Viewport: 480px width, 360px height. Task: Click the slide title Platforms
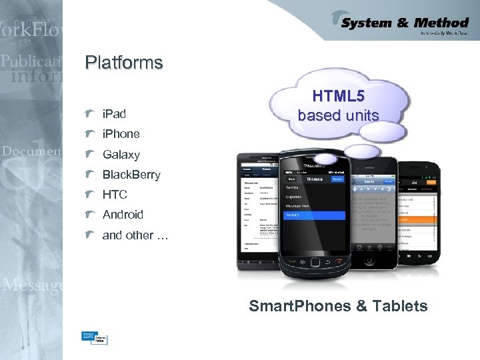(x=124, y=63)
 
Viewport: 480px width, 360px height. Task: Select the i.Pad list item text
(x=114, y=114)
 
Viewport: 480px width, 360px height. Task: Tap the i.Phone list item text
(x=121, y=134)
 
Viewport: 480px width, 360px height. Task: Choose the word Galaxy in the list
(x=121, y=155)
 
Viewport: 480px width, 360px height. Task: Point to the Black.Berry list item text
(x=131, y=175)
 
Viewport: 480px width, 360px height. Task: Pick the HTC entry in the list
(x=115, y=195)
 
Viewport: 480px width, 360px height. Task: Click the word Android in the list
(x=123, y=215)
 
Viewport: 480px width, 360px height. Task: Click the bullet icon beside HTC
(x=90, y=195)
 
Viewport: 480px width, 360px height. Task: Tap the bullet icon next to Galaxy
(x=90, y=154)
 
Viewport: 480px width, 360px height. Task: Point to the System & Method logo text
(x=404, y=23)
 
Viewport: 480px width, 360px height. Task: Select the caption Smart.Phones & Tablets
(x=338, y=306)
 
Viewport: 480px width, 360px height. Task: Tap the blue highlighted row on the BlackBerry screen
(x=313, y=215)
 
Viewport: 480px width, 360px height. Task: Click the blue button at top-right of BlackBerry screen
(x=337, y=179)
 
